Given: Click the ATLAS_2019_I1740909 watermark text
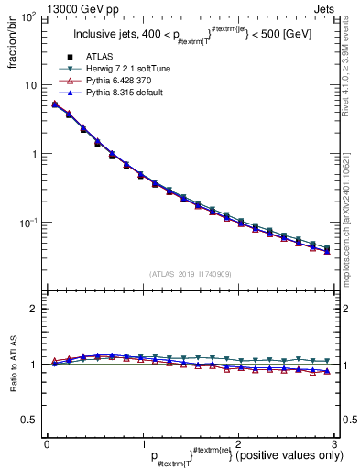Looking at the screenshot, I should [x=190, y=274].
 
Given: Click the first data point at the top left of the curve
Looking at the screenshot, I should [x=54, y=104].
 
